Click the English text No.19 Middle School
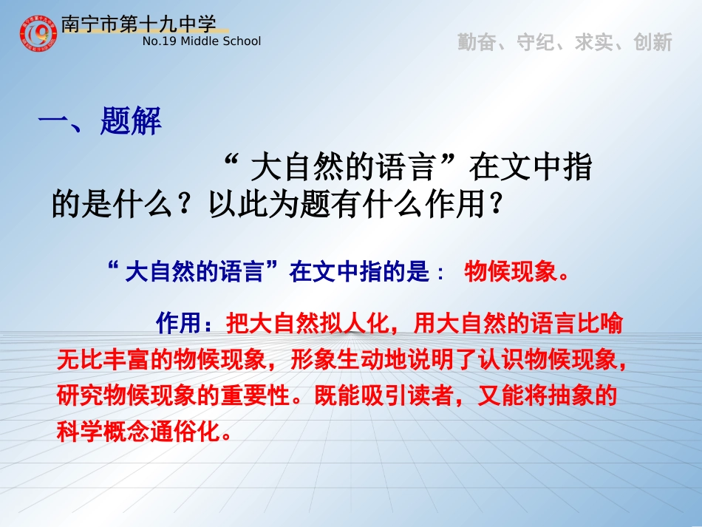coord(201,41)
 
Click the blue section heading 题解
coord(131,122)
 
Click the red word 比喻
coord(602,323)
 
